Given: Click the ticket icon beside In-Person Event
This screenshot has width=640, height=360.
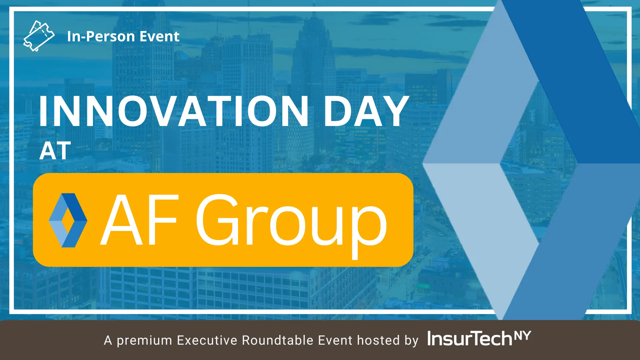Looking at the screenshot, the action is [x=39, y=36].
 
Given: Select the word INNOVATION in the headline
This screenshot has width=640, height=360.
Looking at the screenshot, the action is [x=174, y=111].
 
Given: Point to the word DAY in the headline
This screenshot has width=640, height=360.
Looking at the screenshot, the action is [x=366, y=111].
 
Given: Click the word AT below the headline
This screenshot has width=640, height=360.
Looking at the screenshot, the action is [x=55, y=151].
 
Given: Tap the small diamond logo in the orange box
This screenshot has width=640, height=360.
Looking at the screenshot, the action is [x=68, y=220].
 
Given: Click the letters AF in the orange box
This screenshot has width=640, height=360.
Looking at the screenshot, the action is [x=140, y=220].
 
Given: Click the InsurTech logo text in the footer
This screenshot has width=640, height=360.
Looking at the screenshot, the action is [x=470, y=339].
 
